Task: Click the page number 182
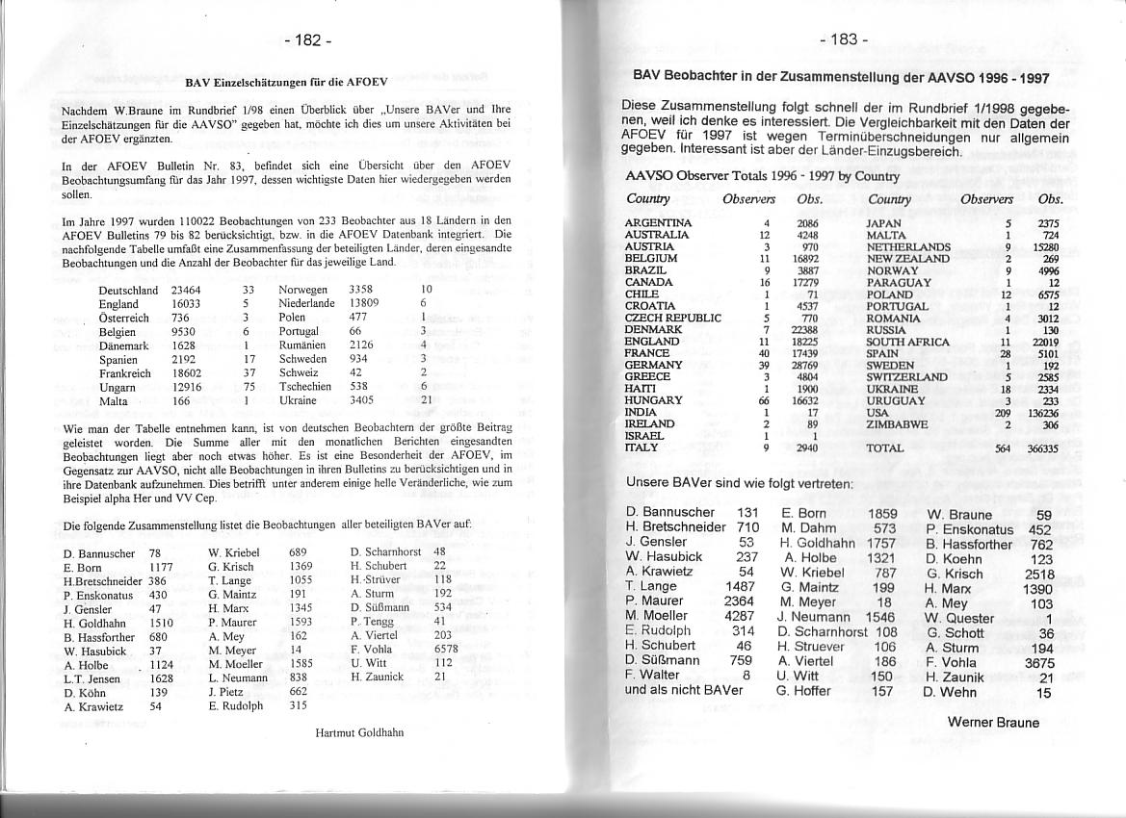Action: click(309, 40)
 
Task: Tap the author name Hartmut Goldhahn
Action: click(359, 732)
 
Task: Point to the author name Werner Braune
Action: click(993, 723)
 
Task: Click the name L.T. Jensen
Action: click(92, 678)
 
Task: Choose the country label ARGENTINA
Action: click(658, 223)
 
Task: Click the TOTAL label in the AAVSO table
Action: click(885, 448)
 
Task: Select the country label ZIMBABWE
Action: click(897, 423)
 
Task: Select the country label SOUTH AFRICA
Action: click(907, 342)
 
